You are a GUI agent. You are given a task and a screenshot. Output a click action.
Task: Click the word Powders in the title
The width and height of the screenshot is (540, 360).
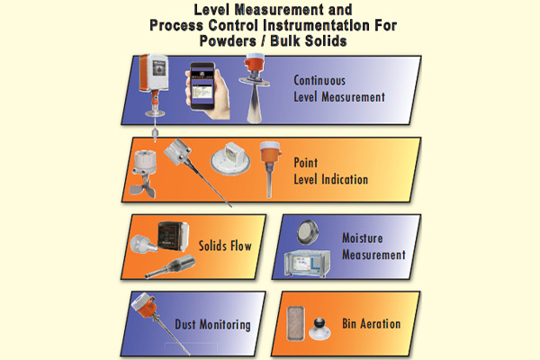[x=228, y=40]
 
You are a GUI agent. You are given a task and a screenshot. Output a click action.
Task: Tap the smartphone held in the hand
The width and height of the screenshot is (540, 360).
[x=202, y=86]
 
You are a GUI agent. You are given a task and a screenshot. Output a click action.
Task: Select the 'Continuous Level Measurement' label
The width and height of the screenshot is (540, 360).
[x=339, y=89]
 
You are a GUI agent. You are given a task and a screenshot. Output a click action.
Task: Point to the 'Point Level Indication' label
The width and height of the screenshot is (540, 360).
[x=330, y=171]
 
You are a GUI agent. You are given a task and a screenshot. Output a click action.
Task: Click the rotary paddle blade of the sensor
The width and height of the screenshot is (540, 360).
[x=142, y=189]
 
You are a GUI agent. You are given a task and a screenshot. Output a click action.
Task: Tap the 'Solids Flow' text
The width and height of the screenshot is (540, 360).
[x=225, y=246]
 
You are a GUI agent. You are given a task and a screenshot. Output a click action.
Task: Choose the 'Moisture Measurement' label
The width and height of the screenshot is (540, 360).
[x=373, y=247]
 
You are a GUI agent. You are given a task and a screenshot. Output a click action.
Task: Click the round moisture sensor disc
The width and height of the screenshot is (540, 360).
[x=308, y=232]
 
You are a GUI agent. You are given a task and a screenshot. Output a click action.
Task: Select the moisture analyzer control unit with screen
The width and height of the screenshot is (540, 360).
[x=307, y=264]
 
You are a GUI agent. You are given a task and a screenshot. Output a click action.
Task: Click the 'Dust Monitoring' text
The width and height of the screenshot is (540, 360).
[x=212, y=325]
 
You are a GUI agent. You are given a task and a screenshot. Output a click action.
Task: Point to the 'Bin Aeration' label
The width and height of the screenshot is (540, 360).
[x=371, y=324]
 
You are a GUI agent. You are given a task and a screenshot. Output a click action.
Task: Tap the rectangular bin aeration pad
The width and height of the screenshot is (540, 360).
[x=295, y=323]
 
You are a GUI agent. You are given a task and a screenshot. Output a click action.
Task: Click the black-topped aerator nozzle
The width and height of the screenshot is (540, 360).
[x=319, y=328]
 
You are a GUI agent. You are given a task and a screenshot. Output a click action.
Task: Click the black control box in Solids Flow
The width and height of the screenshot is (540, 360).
[x=173, y=235]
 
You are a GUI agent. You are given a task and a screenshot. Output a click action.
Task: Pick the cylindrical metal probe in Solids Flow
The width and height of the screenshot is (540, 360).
[x=170, y=266]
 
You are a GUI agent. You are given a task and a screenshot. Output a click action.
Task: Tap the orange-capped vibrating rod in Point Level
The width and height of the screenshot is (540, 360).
[x=270, y=169]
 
